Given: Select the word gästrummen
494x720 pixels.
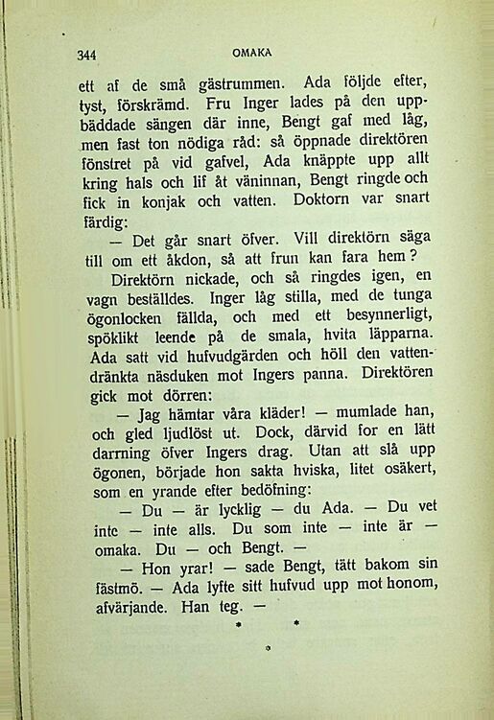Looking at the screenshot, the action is (227, 83).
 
